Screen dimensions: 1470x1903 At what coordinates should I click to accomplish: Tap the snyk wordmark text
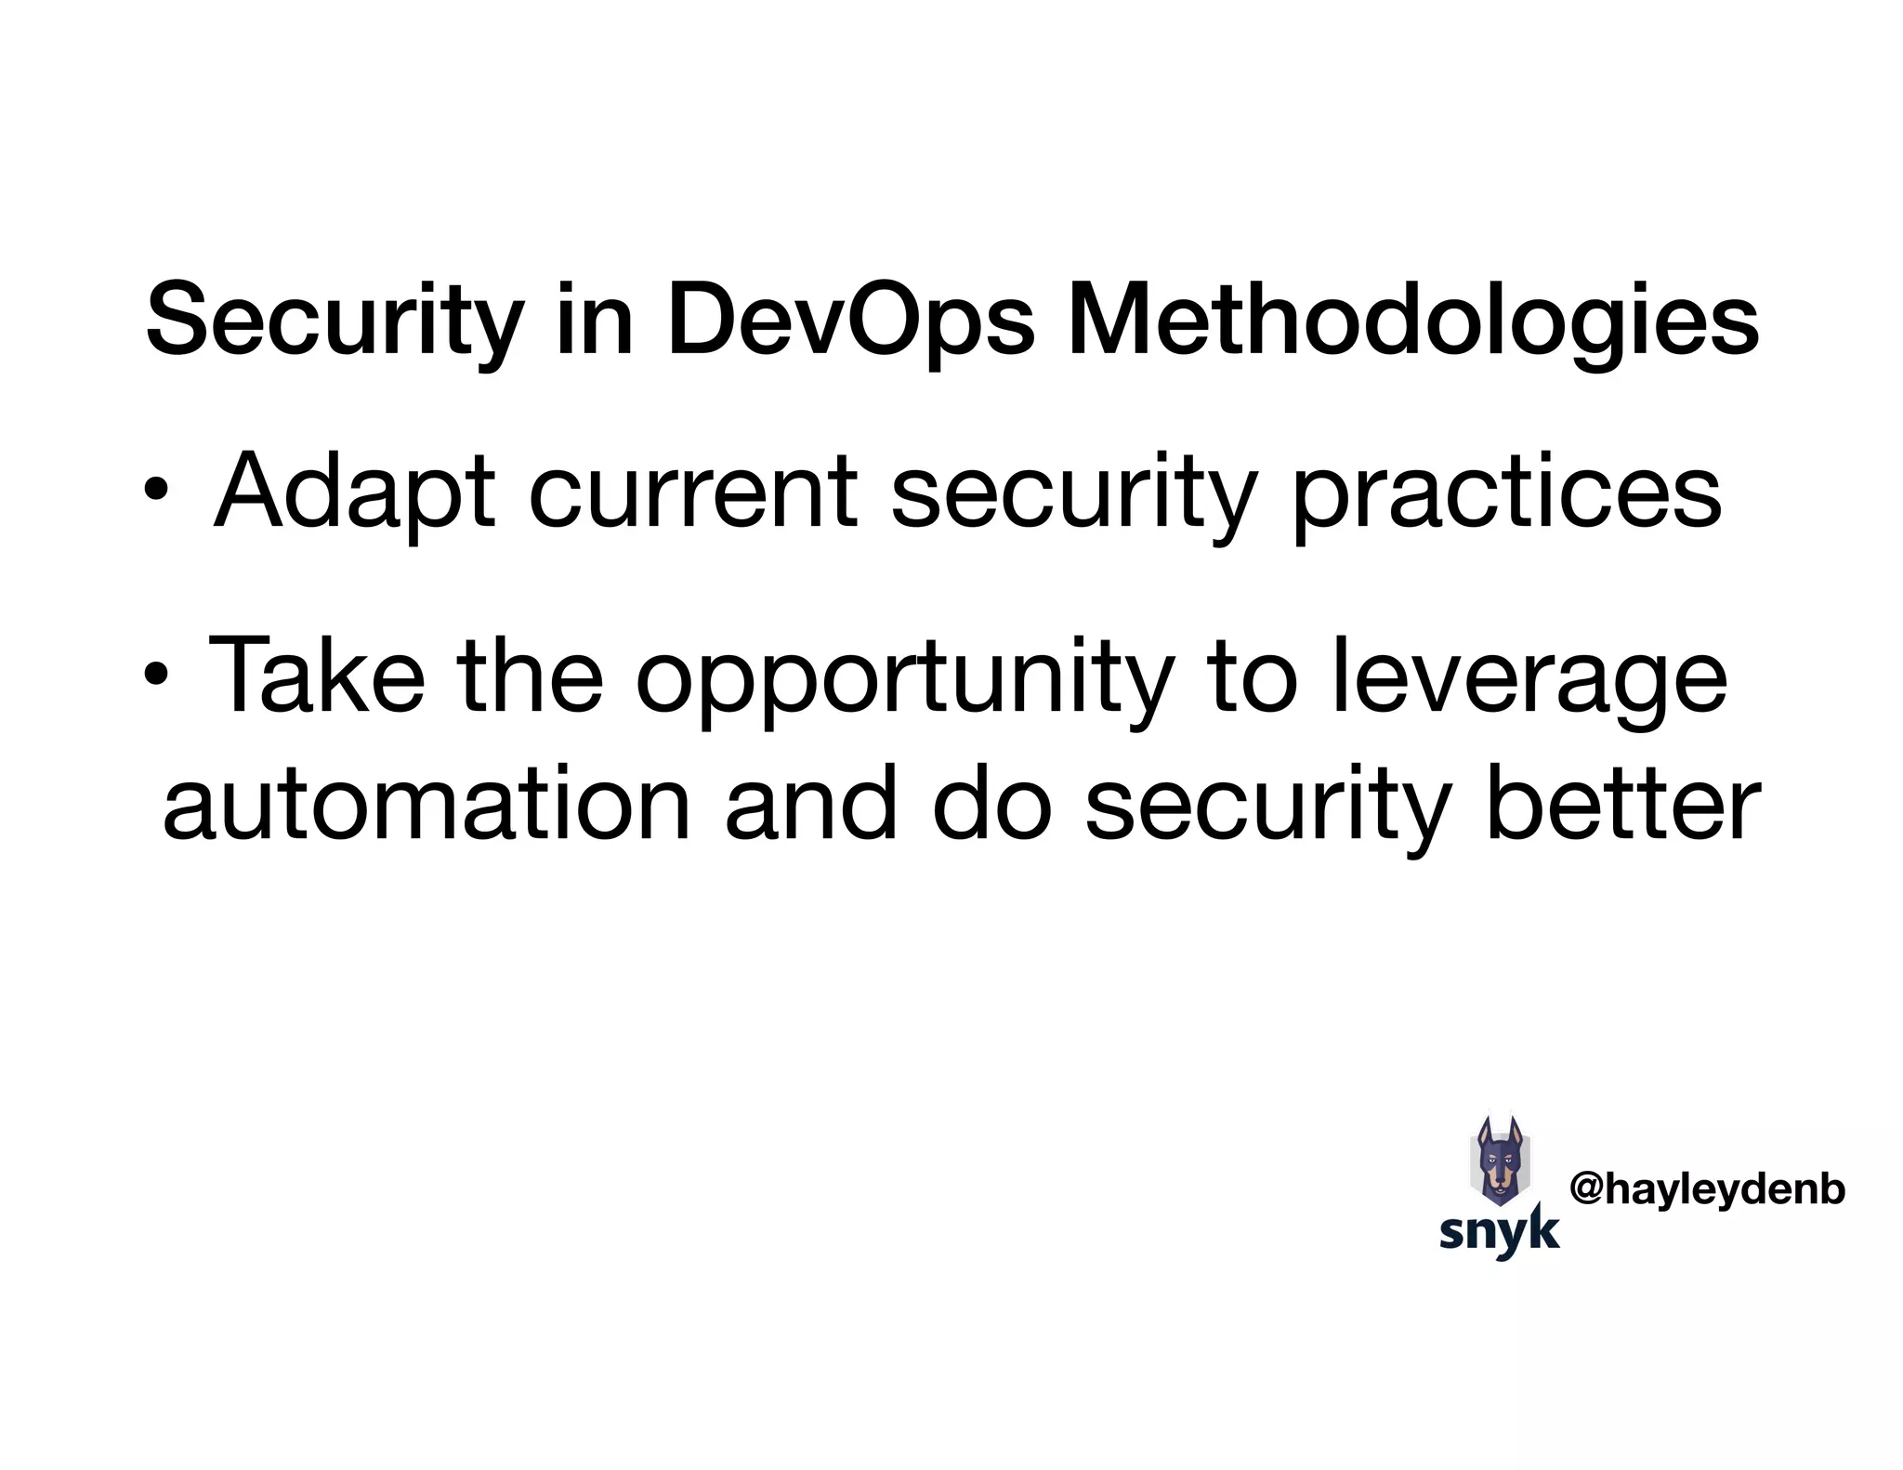pos(1499,1233)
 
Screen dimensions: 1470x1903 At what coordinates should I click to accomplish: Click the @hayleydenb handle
pos(1707,1190)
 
